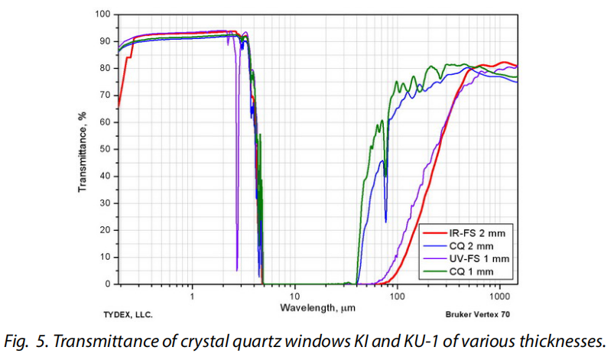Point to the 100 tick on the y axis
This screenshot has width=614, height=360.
pyautogui.click(x=103, y=15)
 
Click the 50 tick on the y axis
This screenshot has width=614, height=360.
pyautogui.click(x=106, y=149)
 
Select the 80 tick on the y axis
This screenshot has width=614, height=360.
pyautogui.click(x=106, y=68)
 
